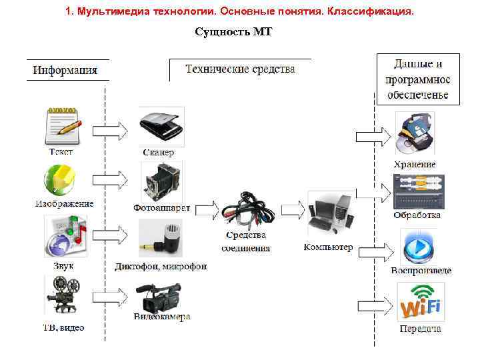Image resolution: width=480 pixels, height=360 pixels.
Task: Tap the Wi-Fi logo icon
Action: (420, 303)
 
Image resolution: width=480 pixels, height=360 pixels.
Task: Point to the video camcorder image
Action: (158, 297)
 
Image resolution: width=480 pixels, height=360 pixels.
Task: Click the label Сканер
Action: (159, 153)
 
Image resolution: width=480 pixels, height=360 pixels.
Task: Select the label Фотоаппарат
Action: (162, 208)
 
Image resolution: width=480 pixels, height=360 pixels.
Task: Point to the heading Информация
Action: (65, 70)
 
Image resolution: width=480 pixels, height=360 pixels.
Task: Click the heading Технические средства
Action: (240, 69)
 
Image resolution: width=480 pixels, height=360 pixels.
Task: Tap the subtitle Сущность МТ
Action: (234, 32)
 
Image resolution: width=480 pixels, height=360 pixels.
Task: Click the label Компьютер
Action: (328, 247)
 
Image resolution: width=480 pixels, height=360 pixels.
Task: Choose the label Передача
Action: (420, 329)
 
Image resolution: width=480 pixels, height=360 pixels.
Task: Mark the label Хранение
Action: (415, 164)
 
